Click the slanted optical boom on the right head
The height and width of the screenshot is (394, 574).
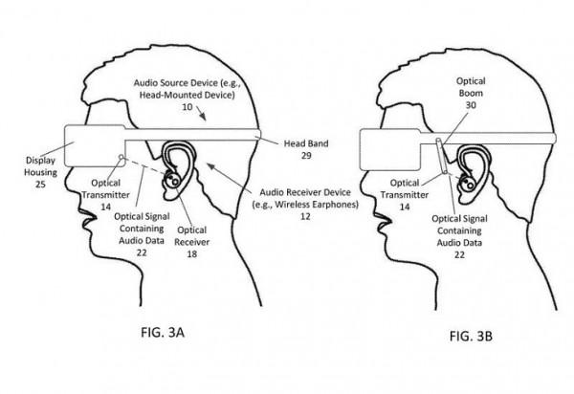[442, 159]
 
